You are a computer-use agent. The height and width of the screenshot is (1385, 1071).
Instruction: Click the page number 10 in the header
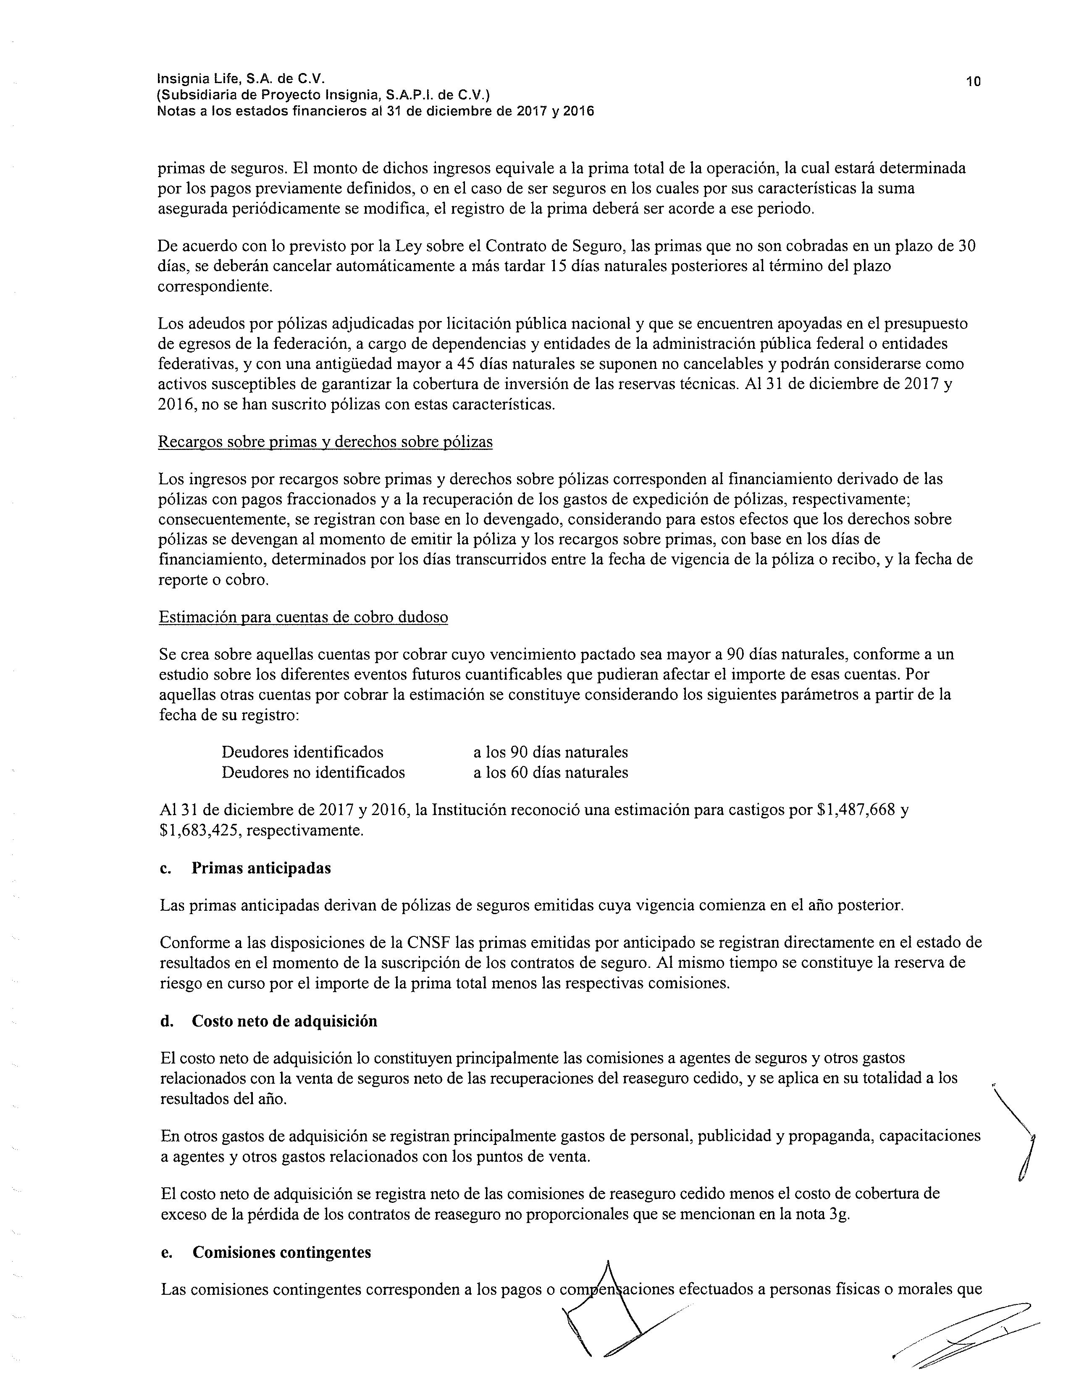(x=973, y=81)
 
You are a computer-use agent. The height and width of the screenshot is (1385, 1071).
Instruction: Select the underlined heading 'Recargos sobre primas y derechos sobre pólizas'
(x=325, y=442)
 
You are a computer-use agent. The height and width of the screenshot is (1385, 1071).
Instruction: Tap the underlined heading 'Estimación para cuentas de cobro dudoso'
(x=303, y=617)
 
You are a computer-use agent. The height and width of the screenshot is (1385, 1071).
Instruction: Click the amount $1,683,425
(x=199, y=830)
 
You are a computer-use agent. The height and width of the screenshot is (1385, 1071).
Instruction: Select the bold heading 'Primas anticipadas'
(x=261, y=868)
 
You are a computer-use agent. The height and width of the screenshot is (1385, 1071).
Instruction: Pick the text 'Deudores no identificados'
(x=313, y=772)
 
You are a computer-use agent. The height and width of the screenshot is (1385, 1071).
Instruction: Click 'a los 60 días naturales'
(x=550, y=772)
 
